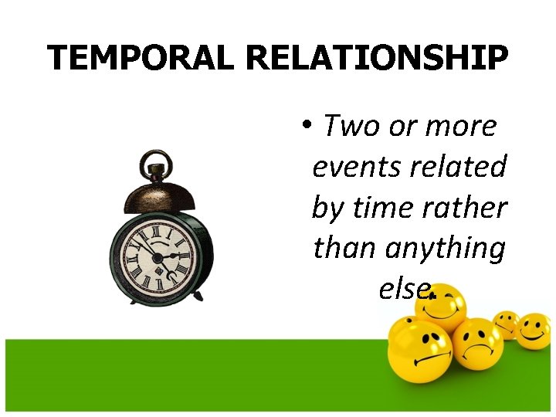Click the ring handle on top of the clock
coord(157,164)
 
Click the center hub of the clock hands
coord(158,256)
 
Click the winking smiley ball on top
coord(441,305)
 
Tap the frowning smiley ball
coord(477,344)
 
